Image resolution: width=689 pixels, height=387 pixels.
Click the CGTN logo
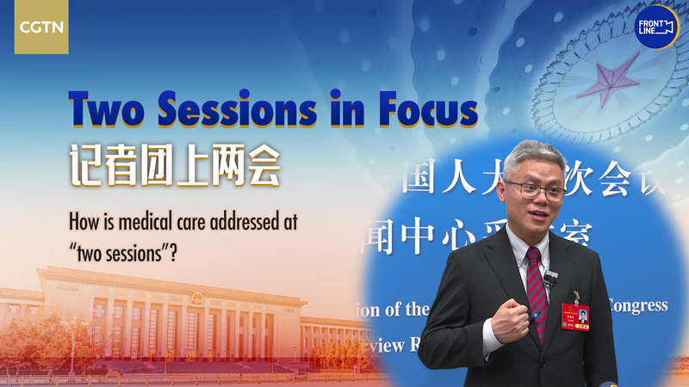(40, 27)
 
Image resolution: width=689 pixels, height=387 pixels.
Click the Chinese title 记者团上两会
(174, 164)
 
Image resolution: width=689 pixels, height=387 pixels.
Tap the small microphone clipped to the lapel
(551, 276)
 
